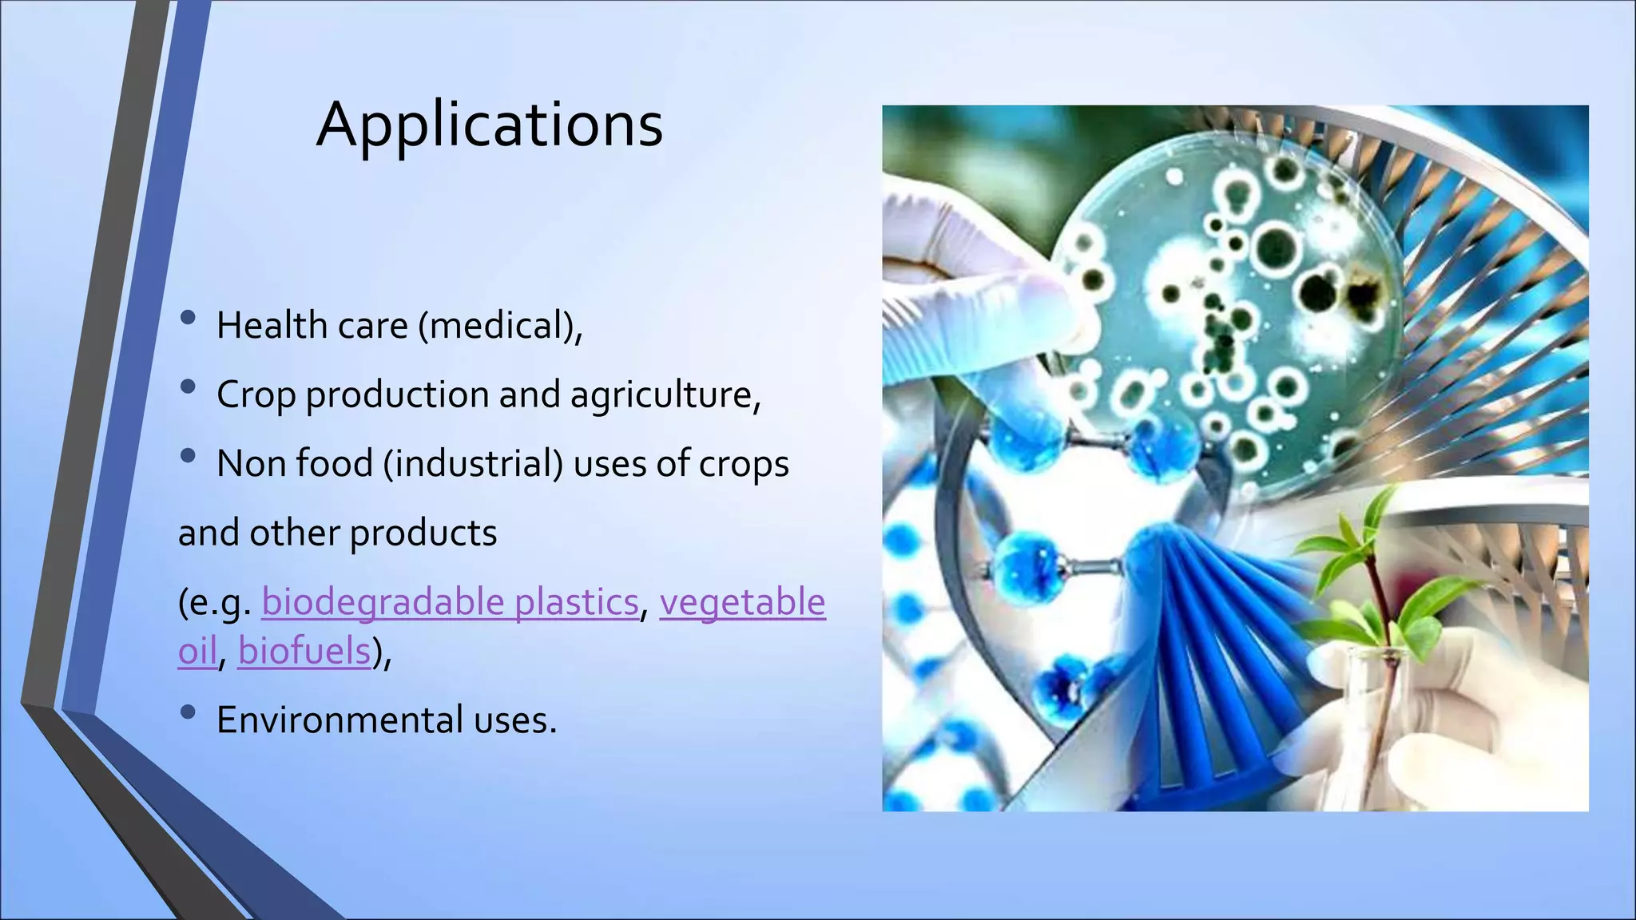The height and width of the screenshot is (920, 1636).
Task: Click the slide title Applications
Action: pos(489,125)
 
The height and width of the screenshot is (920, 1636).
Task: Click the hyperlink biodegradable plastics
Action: pos(449,601)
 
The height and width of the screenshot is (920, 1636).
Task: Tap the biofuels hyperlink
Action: pos(304,651)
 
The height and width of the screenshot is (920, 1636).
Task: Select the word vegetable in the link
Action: pos(742,601)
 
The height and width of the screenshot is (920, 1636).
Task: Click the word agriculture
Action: pos(665,395)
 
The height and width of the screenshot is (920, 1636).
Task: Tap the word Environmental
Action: pos(340,720)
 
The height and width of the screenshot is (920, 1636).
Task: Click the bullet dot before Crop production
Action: pos(189,387)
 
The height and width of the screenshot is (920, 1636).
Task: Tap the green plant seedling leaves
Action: pos(1374,559)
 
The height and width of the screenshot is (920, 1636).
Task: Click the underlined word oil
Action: pos(197,651)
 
